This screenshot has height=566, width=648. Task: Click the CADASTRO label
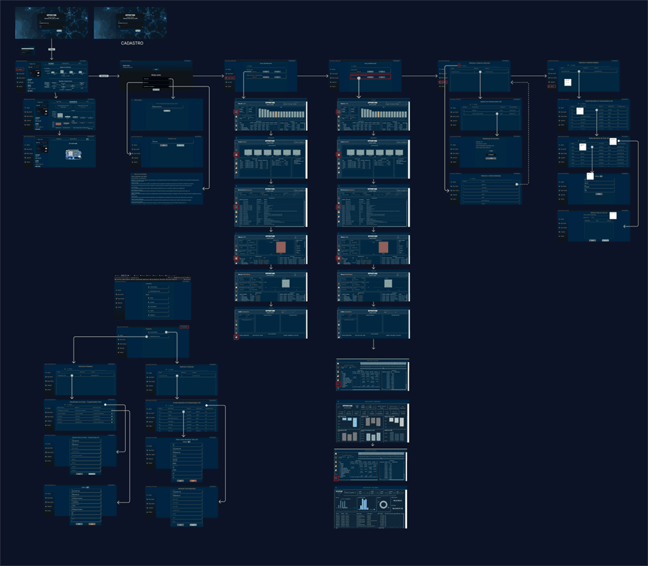coord(132,43)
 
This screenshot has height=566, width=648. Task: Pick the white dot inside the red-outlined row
coord(358,76)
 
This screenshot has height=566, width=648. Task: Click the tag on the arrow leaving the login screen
coord(52,49)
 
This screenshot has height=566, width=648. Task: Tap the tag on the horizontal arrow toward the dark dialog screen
coord(103,76)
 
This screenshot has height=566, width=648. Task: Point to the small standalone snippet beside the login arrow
coord(27,49)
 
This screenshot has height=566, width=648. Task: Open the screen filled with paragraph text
coord(167,189)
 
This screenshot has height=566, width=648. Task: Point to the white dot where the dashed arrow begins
coord(517,185)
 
